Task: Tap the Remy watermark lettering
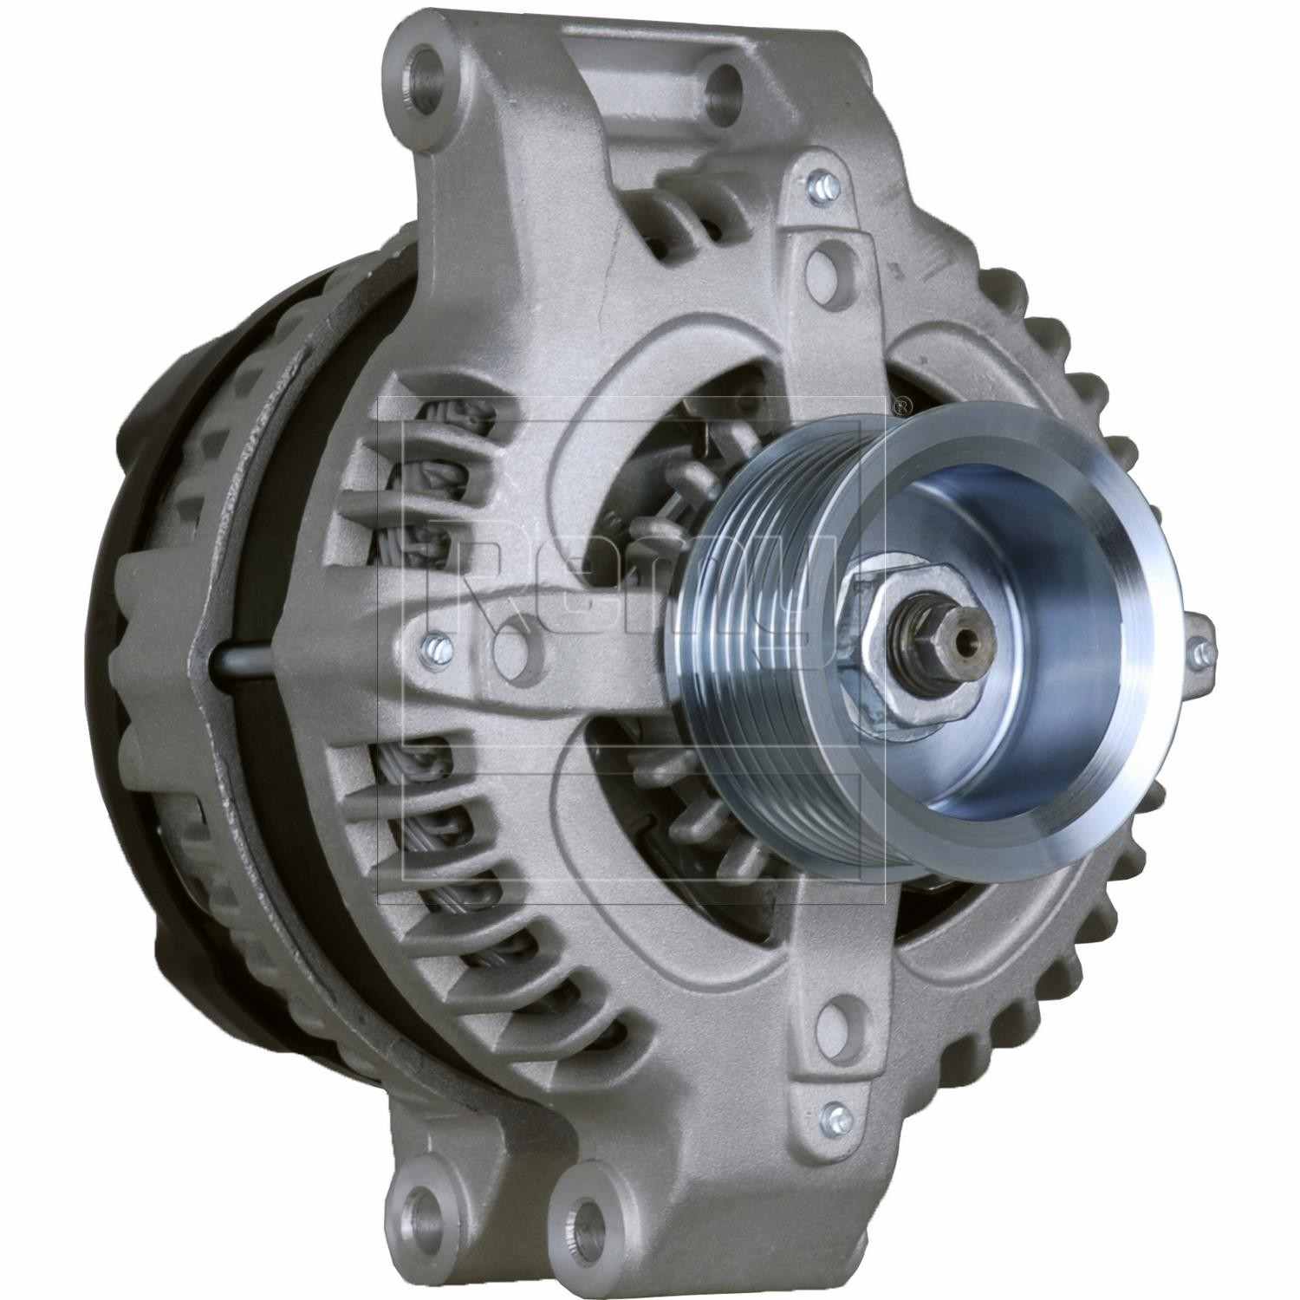click(633, 589)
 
